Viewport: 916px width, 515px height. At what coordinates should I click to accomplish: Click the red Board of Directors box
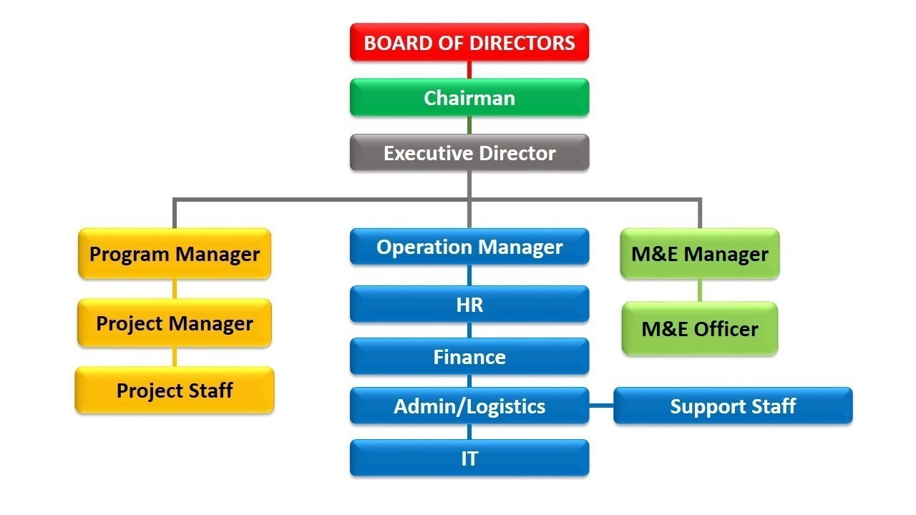[469, 42]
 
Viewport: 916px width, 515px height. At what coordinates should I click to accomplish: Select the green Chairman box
[469, 97]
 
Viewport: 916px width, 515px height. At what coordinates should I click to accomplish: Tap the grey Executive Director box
[469, 152]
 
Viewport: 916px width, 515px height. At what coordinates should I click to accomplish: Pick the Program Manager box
[175, 253]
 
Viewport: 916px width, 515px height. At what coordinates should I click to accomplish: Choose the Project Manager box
[175, 323]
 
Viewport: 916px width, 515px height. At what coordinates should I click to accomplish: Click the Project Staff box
[175, 390]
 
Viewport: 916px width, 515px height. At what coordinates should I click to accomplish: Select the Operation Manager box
[469, 247]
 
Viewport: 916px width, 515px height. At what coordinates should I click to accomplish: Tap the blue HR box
[469, 304]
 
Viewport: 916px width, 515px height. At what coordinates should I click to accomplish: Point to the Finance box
[469, 356]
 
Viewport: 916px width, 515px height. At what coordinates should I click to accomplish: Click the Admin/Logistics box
[469, 406]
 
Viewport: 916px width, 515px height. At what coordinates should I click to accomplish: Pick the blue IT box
[469, 458]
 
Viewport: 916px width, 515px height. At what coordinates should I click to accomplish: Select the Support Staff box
[733, 406]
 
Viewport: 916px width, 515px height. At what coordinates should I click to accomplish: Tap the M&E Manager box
[699, 253]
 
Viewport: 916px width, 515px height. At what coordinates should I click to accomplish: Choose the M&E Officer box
[699, 328]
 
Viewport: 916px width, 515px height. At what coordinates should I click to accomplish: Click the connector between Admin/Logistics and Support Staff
[601, 406]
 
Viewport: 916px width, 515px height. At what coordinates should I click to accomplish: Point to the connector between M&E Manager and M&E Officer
[699, 290]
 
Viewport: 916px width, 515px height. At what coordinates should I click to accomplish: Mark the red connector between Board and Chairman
[469, 69]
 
